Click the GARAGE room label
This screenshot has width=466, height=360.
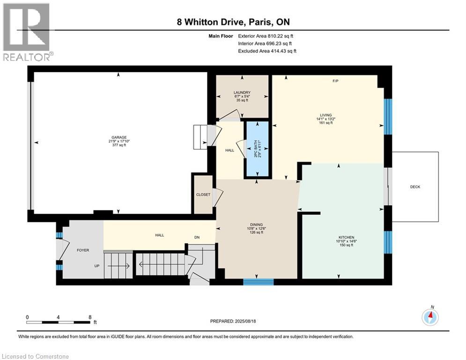119,137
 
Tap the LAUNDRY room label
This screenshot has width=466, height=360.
242,92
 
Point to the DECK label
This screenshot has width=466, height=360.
415,187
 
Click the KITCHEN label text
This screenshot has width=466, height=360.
346,237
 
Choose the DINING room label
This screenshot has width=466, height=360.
256,225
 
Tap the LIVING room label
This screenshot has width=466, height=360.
325,115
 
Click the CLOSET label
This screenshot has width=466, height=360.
203,195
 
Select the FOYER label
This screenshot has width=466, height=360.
83,250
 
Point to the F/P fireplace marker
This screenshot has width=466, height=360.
335,81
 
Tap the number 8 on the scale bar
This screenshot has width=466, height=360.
90,317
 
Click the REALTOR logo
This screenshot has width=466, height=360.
27,32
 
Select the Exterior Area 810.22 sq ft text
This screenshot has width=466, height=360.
266,36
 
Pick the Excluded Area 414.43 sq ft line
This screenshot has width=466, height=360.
267,51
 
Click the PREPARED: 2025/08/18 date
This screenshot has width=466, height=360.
233,321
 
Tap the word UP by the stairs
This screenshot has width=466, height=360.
97,266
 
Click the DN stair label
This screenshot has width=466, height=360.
197,237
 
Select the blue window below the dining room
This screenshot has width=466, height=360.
258,282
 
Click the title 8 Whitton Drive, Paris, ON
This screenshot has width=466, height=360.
233,22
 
